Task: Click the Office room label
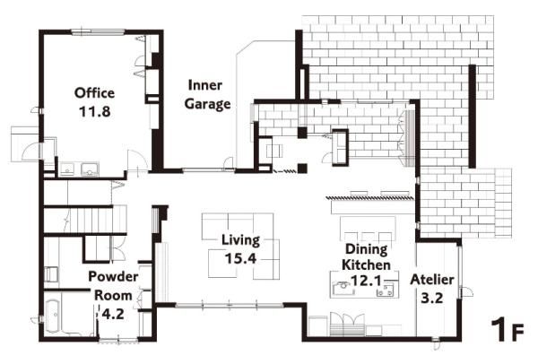[94, 93]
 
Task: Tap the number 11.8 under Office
[95, 111]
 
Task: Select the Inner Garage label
[207, 95]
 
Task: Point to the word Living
[240, 240]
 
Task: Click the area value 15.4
[240, 258]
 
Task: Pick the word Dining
[366, 249]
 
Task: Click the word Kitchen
[366, 264]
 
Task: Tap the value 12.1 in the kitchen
[366, 281]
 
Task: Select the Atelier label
[432, 280]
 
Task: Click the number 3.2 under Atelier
[432, 298]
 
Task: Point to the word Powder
[113, 276]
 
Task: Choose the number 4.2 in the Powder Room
[113, 314]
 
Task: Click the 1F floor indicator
[508, 329]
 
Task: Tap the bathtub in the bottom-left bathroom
[53, 316]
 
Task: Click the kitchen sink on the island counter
[343, 288]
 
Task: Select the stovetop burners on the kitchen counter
[387, 290]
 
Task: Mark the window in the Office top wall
[98, 32]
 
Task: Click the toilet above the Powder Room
[51, 274]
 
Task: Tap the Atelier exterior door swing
[467, 291]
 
